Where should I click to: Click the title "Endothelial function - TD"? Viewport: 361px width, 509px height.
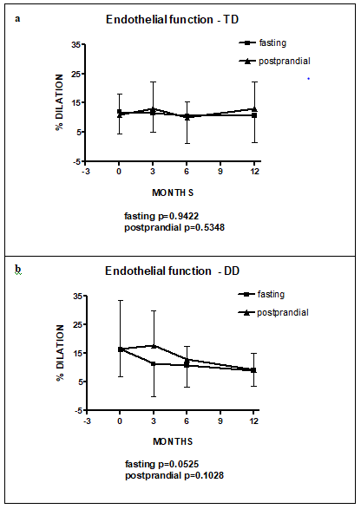[x=172, y=19]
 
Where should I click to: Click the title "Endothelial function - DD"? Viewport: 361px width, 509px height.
[x=172, y=271]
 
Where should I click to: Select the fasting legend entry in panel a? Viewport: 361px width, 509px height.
[x=263, y=42]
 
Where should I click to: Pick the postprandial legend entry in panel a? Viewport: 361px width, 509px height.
[x=274, y=61]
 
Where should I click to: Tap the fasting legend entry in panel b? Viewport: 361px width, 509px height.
[x=261, y=294]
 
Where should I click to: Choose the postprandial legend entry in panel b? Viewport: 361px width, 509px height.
[x=273, y=312]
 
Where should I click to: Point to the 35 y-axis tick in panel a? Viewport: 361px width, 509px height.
[x=75, y=45]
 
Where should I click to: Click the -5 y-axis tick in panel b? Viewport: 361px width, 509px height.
[x=77, y=411]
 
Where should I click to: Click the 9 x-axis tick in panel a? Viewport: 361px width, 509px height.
[x=220, y=171]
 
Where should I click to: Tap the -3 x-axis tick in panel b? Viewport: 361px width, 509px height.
[x=87, y=421]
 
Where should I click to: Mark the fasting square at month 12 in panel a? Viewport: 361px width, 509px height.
[x=254, y=115]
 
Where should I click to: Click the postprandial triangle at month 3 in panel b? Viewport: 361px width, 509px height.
[x=154, y=345]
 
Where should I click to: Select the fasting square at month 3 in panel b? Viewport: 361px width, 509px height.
[x=154, y=364]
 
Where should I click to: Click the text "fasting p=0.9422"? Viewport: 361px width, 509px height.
[x=161, y=216]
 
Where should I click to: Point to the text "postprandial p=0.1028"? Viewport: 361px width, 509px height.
[x=174, y=476]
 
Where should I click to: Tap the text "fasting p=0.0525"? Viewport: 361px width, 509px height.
[x=161, y=464]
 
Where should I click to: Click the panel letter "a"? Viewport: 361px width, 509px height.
[x=17, y=19]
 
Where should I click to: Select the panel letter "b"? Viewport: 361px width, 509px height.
[x=18, y=270]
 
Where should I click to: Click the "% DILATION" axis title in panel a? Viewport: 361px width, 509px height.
[x=60, y=102]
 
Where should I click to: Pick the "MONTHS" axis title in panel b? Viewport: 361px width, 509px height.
[x=173, y=441]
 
